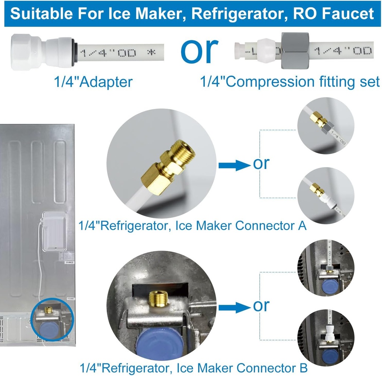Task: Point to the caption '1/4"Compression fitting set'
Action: point(290,82)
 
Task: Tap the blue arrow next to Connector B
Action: point(233,307)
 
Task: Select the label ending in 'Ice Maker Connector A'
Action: point(192,225)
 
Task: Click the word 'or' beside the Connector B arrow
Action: point(261,306)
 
